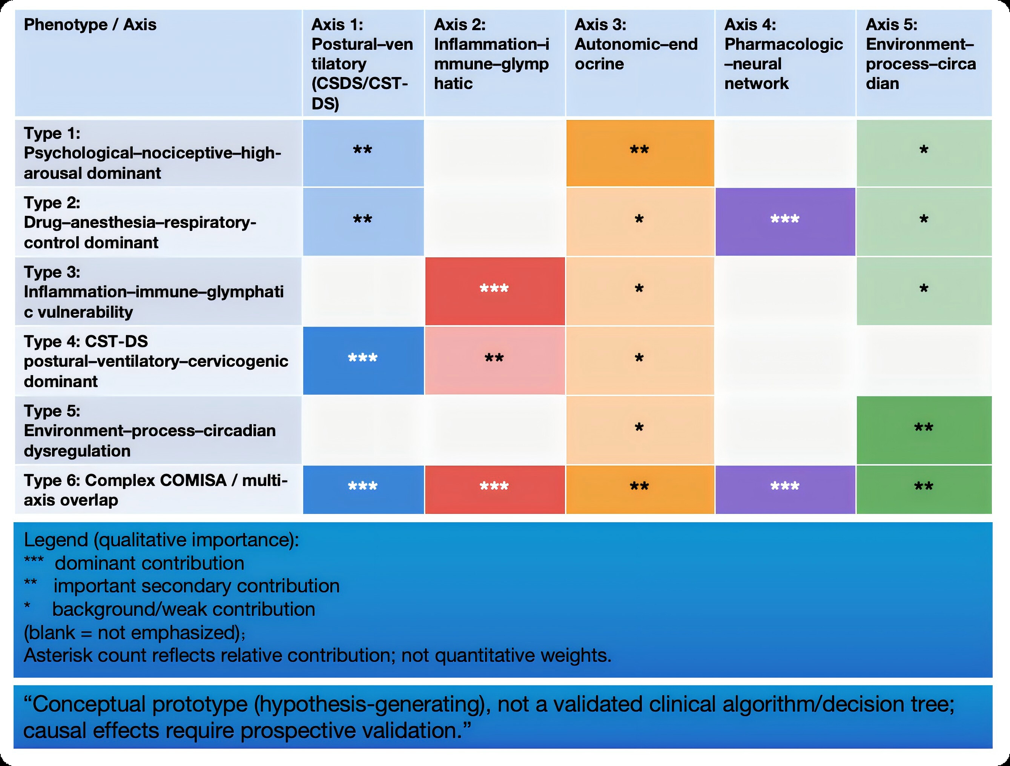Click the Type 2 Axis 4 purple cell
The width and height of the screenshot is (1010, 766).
click(x=785, y=221)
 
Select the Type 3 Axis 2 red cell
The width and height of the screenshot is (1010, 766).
click(x=494, y=291)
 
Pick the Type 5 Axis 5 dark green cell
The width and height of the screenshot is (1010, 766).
click(x=924, y=430)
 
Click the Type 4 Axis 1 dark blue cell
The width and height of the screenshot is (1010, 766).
click(x=363, y=360)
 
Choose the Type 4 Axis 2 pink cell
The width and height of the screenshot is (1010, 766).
click(x=494, y=360)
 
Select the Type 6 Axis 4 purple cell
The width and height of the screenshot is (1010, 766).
click(x=785, y=489)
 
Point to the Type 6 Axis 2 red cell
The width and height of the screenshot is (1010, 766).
click(x=494, y=489)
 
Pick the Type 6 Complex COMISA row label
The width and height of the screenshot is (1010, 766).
click(x=156, y=490)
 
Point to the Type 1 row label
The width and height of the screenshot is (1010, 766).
click(x=152, y=153)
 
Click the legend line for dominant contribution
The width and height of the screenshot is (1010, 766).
click(x=149, y=563)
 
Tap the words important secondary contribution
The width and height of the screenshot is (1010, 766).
click(x=196, y=586)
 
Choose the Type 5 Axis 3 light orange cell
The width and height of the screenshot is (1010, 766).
click(x=640, y=430)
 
